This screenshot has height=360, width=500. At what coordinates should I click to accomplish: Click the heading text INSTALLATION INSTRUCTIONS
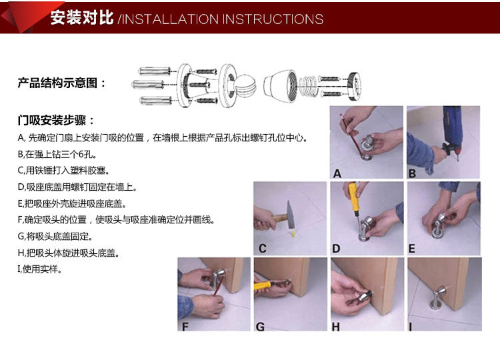tap(223, 19)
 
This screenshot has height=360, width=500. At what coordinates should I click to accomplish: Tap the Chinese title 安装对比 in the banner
tap(82, 17)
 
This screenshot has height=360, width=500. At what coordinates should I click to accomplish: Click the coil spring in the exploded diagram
tap(309, 86)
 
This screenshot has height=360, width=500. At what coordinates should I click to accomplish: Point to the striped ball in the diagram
tap(245, 85)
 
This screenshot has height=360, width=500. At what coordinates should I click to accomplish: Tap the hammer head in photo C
tap(290, 215)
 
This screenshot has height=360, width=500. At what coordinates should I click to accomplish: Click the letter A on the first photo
tap(337, 174)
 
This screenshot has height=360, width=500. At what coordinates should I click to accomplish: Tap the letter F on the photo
tap(185, 327)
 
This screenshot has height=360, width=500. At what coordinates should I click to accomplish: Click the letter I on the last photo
tap(411, 327)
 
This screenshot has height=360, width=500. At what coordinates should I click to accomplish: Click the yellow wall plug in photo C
tap(293, 234)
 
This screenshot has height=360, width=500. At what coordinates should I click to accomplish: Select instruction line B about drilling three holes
tap(57, 154)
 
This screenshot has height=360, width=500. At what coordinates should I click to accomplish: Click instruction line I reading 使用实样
tap(40, 269)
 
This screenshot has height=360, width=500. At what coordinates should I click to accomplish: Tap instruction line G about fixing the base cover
tap(55, 236)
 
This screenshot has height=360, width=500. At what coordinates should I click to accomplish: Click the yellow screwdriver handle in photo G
tap(263, 286)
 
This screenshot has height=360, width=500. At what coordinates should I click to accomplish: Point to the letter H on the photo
tap(336, 327)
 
